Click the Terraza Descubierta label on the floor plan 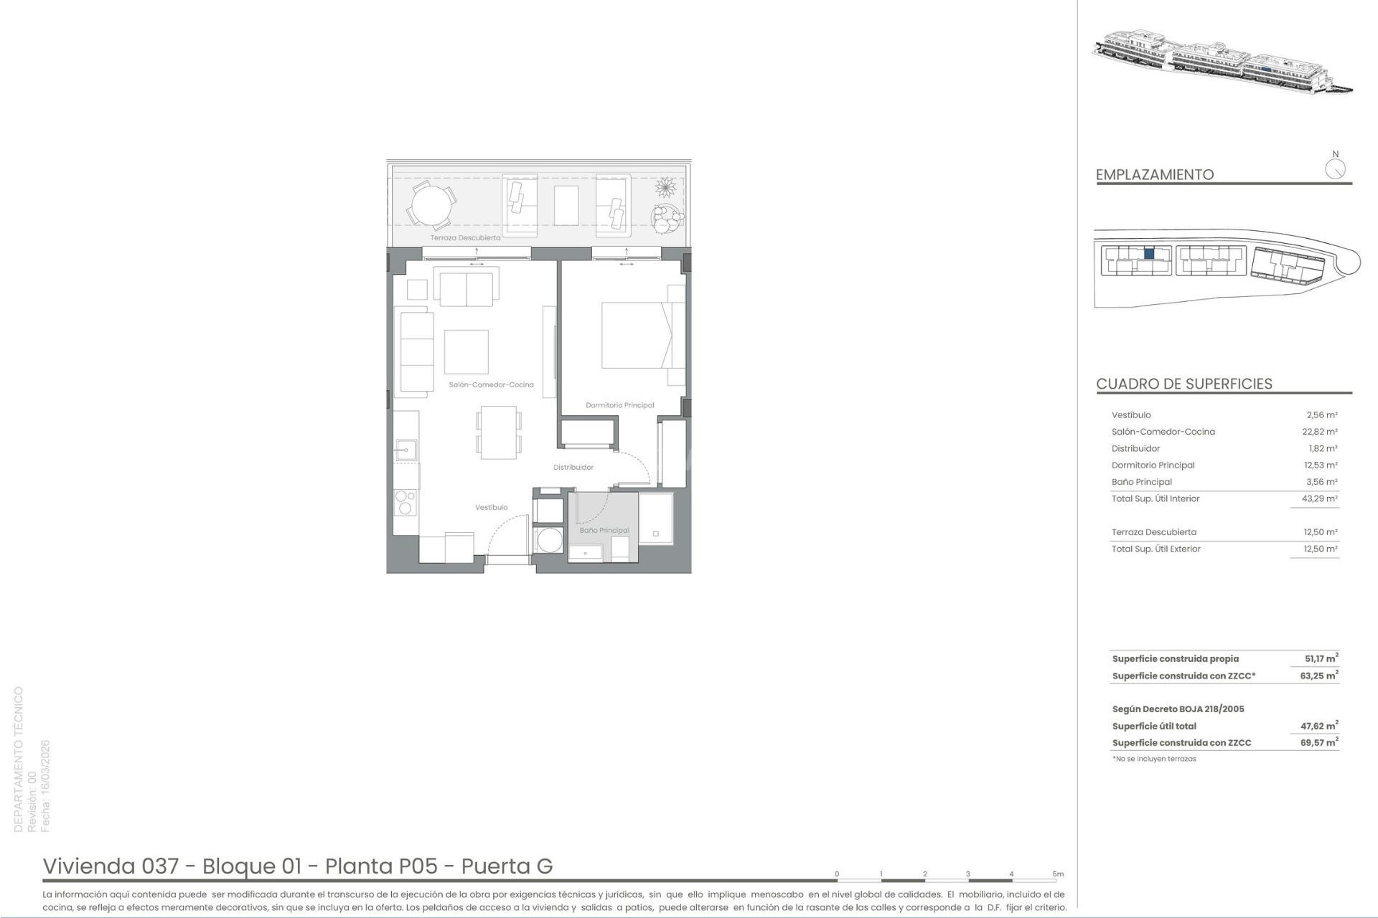coord(465,237)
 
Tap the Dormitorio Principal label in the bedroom coord(619,405)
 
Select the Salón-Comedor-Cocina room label coord(491,385)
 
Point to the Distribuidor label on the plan coord(573,468)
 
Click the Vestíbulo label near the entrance coord(491,508)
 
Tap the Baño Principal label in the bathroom coord(604,531)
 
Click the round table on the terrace coord(431,204)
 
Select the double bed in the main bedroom coord(637,336)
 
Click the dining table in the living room coord(498,432)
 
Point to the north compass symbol coord(1335,169)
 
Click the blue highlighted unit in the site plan coord(1149,253)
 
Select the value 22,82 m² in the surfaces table coord(1320,432)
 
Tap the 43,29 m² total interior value coord(1320,498)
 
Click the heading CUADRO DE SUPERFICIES coord(1184,384)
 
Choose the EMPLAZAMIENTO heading coord(1154,174)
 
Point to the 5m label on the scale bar coord(1058,874)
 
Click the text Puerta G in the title coord(507,866)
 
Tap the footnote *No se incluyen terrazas coord(1154,759)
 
